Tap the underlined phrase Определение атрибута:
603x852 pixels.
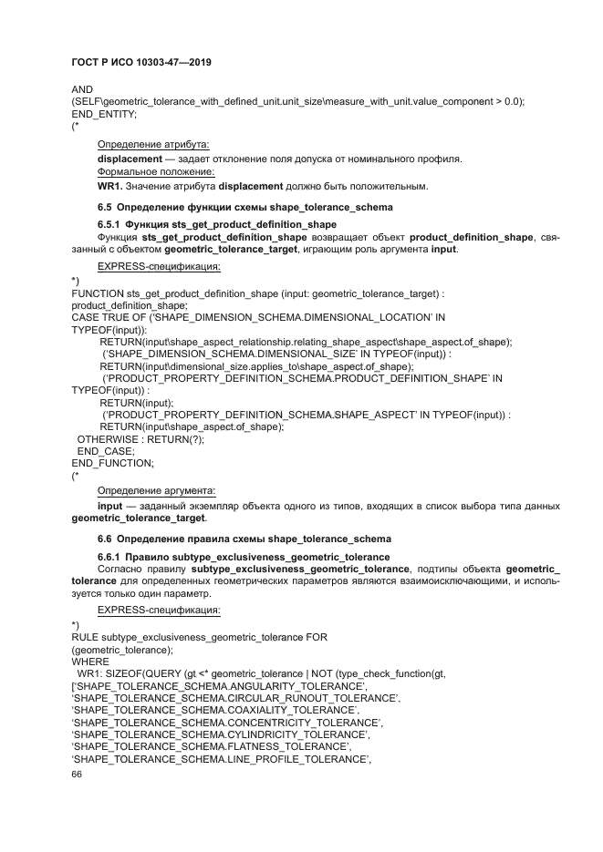point(153,145)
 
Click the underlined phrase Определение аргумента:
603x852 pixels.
point(155,490)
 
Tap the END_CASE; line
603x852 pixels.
point(106,450)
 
